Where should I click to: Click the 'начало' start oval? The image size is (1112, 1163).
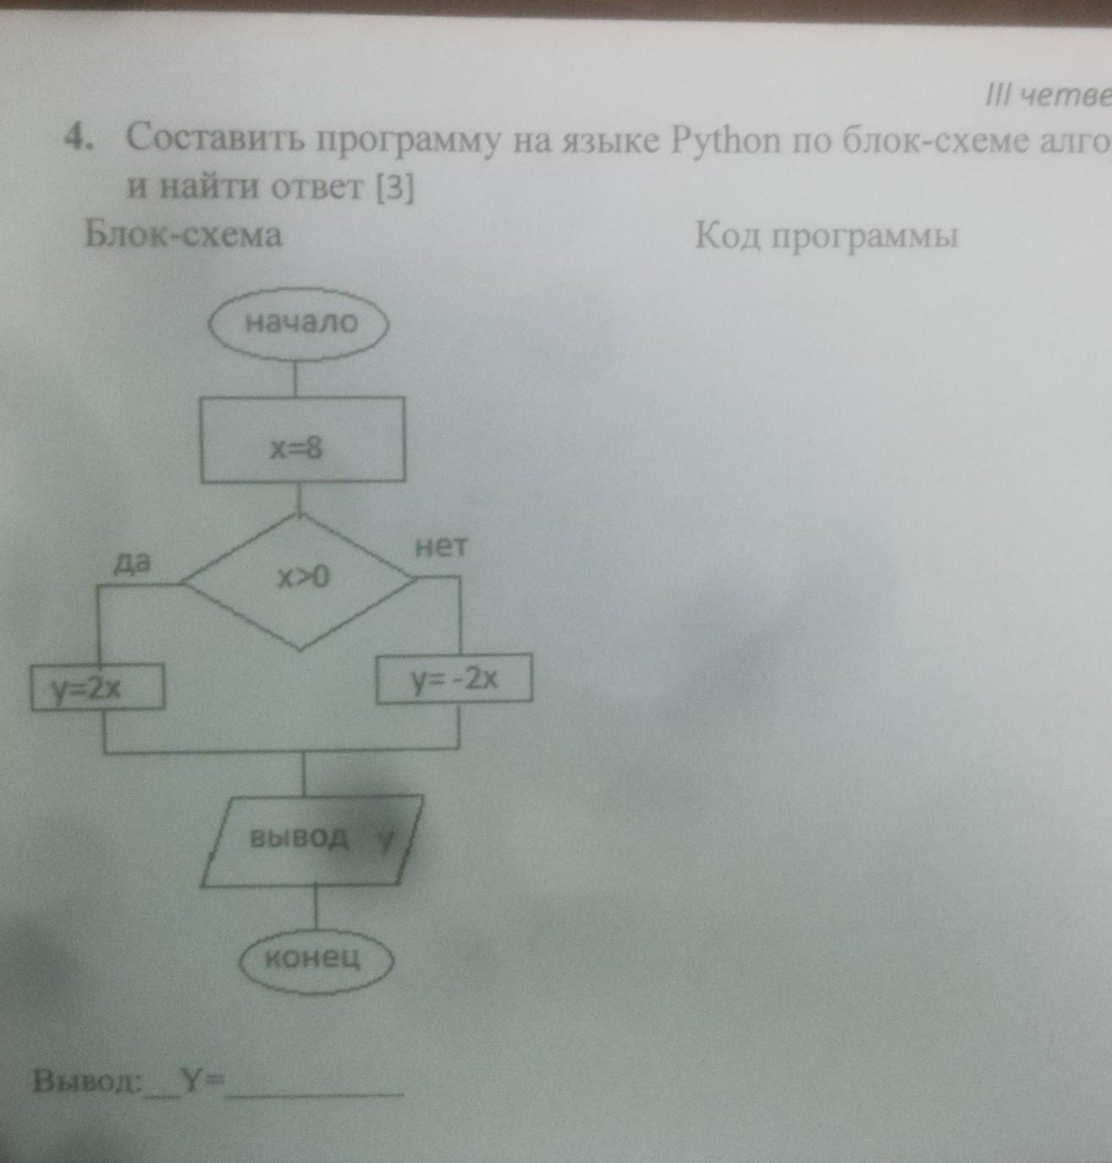pyautogui.click(x=299, y=323)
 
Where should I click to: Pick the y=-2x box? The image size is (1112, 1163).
pyautogui.click(x=454, y=678)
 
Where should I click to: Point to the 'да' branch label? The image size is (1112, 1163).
pyautogui.click(x=132, y=562)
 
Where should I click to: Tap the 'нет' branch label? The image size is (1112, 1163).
pyautogui.click(x=440, y=548)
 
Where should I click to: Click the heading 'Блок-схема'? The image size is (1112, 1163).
pyautogui.click(x=183, y=234)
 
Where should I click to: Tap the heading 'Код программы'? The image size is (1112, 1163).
pyautogui.click(x=826, y=236)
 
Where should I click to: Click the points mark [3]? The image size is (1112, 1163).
pyautogui.click(x=395, y=189)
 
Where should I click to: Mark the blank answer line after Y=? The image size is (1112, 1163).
pyautogui.click(x=315, y=1091)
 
